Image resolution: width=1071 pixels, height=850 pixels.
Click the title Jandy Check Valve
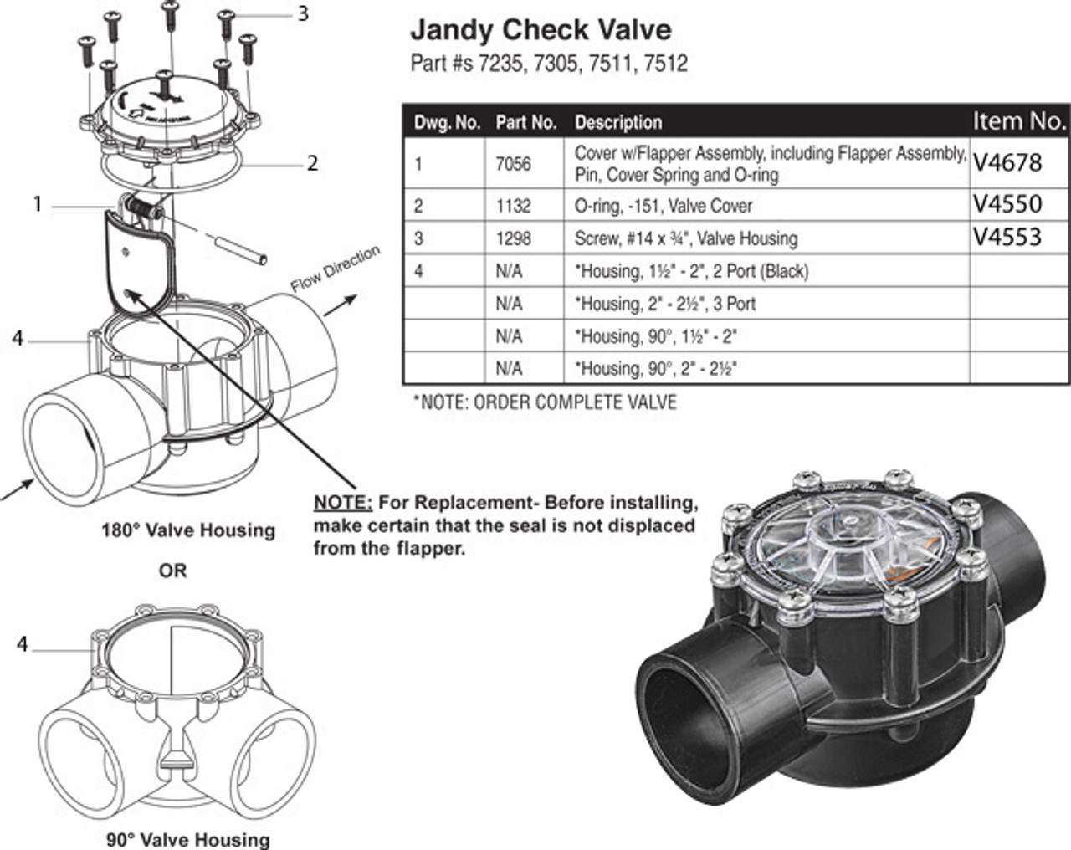pyautogui.click(x=540, y=31)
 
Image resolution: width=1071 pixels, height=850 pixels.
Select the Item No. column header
pyautogui.click(x=1018, y=121)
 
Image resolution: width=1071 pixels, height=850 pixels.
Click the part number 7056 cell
pyautogui.click(x=513, y=164)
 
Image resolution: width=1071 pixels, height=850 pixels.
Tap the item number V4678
pyautogui.click(x=1007, y=163)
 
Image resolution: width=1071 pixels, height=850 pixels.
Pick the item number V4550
pyautogui.click(x=1007, y=204)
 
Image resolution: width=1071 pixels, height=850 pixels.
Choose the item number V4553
pyautogui.click(x=1007, y=238)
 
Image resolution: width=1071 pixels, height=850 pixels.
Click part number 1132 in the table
pyautogui.click(x=513, y=206)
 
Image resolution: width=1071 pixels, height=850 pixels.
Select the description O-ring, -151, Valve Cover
pyautogui.click(x=663, y=206)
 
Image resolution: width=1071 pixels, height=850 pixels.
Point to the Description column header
pyautogui.click(x=617, y=123)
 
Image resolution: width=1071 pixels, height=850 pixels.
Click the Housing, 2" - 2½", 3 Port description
pyautogui.click(x=665, y=304)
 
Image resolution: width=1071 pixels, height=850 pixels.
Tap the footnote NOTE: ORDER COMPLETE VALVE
pyautogui.click(x=545, y=402)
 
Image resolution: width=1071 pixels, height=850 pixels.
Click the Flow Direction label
pyautogui.click(x=336, y=269)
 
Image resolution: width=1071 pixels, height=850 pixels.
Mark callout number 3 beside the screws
pyautogui.click(x=302, y=14)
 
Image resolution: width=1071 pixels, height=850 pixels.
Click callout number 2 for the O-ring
pyautogui.click(x=312, y=163)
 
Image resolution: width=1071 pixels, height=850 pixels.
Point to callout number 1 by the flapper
pyautogui.click(x=37, y=203)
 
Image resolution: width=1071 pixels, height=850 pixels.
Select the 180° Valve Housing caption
pyautogui.click(x=188, y=530)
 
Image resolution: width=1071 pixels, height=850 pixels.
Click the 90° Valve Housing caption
pyautogui.click(x=188, y=838)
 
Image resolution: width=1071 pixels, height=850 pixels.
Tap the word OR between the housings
pyautogui.click(x=173, y=571)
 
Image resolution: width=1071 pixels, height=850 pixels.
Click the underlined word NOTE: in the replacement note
pyautogui.click(x=343, y=503)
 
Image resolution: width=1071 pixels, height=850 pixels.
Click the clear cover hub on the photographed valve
pyautogui.click(x=838, y=535)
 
